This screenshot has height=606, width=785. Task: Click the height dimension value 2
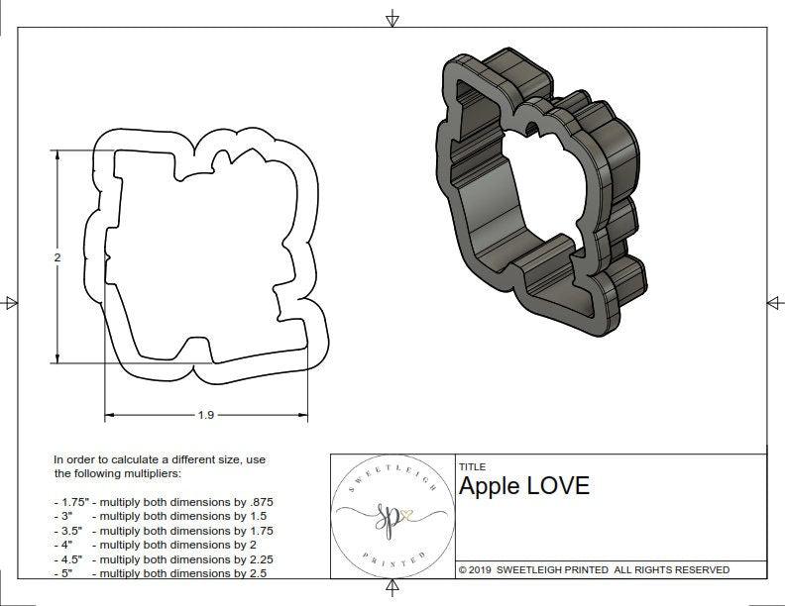point(57,257)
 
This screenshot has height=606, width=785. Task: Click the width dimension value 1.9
point(205,415)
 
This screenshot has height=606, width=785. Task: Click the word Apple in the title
point(490,486)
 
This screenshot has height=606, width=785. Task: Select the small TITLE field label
point(472,466)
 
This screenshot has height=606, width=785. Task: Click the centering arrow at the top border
point(392,18)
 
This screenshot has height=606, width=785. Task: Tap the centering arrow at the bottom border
point(392,590)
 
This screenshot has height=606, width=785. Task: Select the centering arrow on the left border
point(11,303)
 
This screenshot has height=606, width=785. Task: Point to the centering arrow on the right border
point(773,303)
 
